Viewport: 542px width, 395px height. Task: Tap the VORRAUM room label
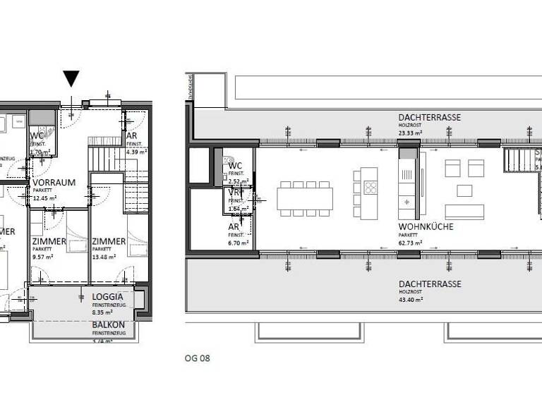pyautogui.click(x=54, y=182)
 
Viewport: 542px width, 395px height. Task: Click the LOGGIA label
pyautogui.click(x=108, y=297)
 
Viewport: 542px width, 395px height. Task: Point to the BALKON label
pyautogui.click(x=108, y=325)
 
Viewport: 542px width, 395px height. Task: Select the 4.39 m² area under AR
pyautogui.click(x=135, y=152)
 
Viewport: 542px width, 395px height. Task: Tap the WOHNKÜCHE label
pyautogui.click(x=426, y=227)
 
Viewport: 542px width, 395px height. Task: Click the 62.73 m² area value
pyautogui.click(x=410, y=243)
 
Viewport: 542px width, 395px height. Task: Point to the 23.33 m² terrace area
pyautogui.click(x=410, y=133)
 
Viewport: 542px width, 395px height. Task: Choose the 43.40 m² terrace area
pyautogui.click(x=410, y=300)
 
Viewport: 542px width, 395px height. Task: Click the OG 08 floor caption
pyautogui.click(x=198, y=358)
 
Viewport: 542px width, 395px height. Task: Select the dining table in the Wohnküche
pyautogui.click(x=304, y=198)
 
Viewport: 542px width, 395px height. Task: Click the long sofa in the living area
pyautogui.click(x=464, y=212)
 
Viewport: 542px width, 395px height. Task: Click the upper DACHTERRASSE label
pyautogui.click(x=429, y=117)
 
